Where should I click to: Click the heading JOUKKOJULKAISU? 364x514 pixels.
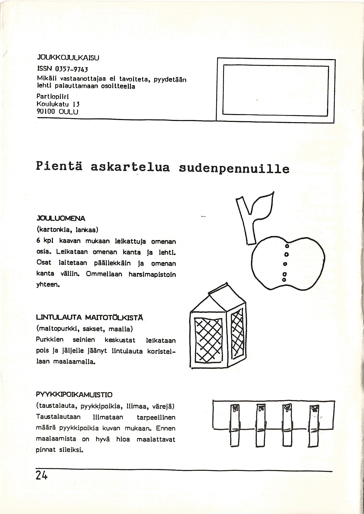tap(68, 58)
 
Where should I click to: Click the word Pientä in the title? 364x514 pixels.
tap(59, 166)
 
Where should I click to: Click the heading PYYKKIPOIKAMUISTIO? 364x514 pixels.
tap(74, 395)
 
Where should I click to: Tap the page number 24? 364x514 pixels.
tap(41, 484)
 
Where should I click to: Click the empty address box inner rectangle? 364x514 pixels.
tap(276, 90)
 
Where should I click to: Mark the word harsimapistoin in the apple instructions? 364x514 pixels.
tap(152, 275)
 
